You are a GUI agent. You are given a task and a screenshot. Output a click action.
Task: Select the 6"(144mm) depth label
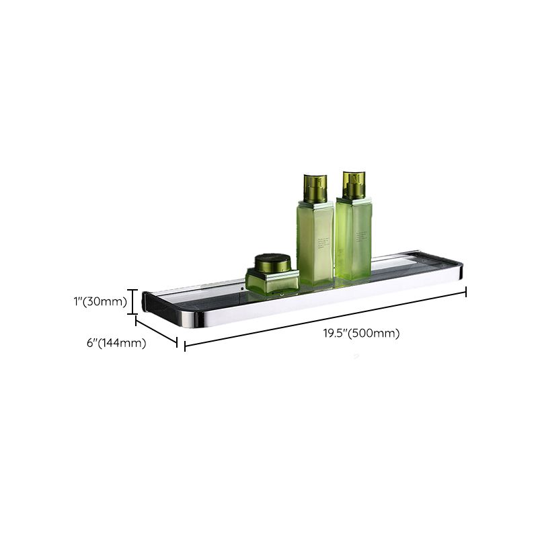tap(116, 342)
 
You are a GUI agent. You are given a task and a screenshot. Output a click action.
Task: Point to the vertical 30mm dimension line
tap(133, 301)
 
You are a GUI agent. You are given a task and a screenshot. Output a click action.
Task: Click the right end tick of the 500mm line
tap(465, 291)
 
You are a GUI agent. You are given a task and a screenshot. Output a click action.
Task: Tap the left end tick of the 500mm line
tap(185, 346)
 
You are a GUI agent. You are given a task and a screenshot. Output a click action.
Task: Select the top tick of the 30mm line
tap(133, 290)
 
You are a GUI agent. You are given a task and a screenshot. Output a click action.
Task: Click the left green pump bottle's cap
tap(315, 188)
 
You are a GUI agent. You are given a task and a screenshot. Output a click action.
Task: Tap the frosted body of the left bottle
tap(315, 242)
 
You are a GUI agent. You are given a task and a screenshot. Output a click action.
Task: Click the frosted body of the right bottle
tap(353, 239)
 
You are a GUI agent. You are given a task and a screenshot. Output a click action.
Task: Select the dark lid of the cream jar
tap(272, 263)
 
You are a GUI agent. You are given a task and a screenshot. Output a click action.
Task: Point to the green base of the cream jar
tap(272, 282)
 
